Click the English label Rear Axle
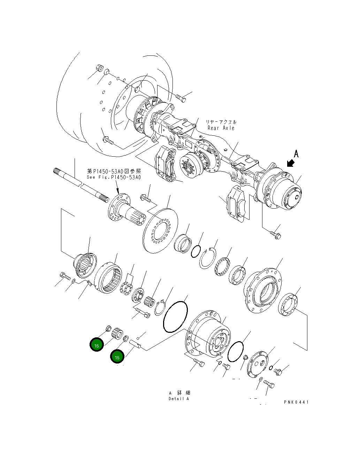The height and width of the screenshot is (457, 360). tap(221, 128)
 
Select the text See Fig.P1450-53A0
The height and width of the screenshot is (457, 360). tap(114, 177)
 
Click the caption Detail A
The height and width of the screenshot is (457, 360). tap(178, 399)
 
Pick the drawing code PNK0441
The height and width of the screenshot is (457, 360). tap(296, 402)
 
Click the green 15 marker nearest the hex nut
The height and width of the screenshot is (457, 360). tap(97, 345)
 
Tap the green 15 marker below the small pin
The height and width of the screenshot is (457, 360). tap(117, 357)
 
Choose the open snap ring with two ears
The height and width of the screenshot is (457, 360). tap(208, 259)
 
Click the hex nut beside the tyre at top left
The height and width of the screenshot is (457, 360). tap(98, 68)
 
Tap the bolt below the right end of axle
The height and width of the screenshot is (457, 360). tap(276, 235)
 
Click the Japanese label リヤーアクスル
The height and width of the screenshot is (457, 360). tap(221, 122)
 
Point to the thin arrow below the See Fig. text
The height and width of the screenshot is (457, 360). tap(118, 188)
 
